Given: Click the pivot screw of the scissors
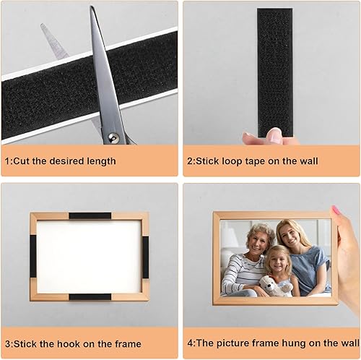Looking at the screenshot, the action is click(x=113, y=138).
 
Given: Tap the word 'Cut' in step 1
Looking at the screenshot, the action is click(x=21, y=161).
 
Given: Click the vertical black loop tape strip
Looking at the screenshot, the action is click(x=275, y=73).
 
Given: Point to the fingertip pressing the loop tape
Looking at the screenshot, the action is click(x=274, y=135).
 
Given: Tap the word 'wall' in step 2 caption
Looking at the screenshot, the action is click(x=308, y=160).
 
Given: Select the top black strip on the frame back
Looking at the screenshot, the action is click(x=90, y=215).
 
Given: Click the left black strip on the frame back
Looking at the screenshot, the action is click(x=33, y=256).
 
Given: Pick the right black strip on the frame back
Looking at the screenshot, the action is click(x=145, y=257).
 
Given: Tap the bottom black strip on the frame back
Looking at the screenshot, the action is click(x=90, y=297).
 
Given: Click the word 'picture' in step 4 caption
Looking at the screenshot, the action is click(x=232, y=343).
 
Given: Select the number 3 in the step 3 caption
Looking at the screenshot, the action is click(x=7, y=344).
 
